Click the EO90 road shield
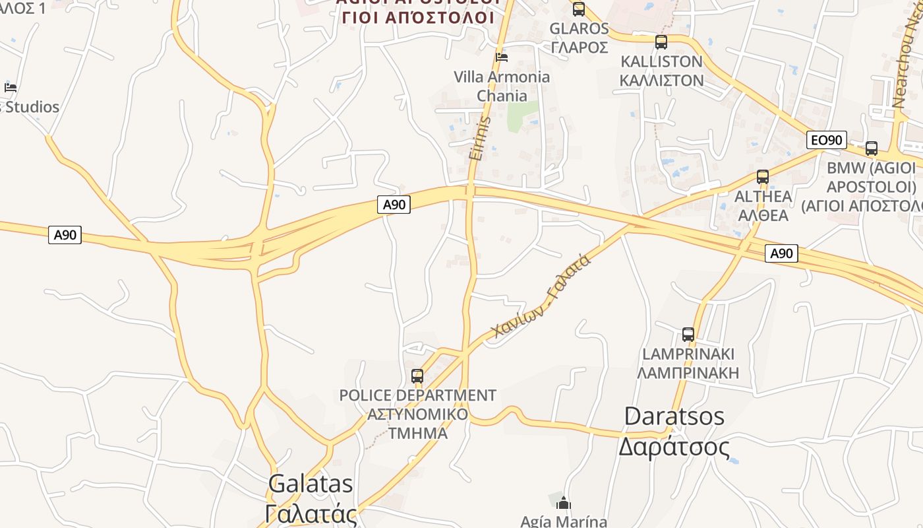tap(826, 140)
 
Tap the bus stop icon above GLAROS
tap(579, 9)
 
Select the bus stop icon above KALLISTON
tap(661, 42)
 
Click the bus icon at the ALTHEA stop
tap(763, 177)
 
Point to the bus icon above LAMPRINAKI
tap(688, 335)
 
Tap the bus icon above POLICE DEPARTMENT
tap(417, 376)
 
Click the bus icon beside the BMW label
tap(872, 148)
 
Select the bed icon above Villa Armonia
tap(502, 57)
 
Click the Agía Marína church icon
tap(563, 504)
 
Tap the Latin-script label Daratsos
tap(674, 416)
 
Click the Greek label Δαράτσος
tap(674, 447)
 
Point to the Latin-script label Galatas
tap(311, 484)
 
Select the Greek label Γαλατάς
tap(311, 514)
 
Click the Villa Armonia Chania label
tap(502, 86)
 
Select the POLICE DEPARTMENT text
tap(417, 396)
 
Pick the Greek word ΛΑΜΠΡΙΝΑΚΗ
tap(688, 373)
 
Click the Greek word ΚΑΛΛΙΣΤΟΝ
tap(661, 81)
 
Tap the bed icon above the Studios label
tap(11, 87)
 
